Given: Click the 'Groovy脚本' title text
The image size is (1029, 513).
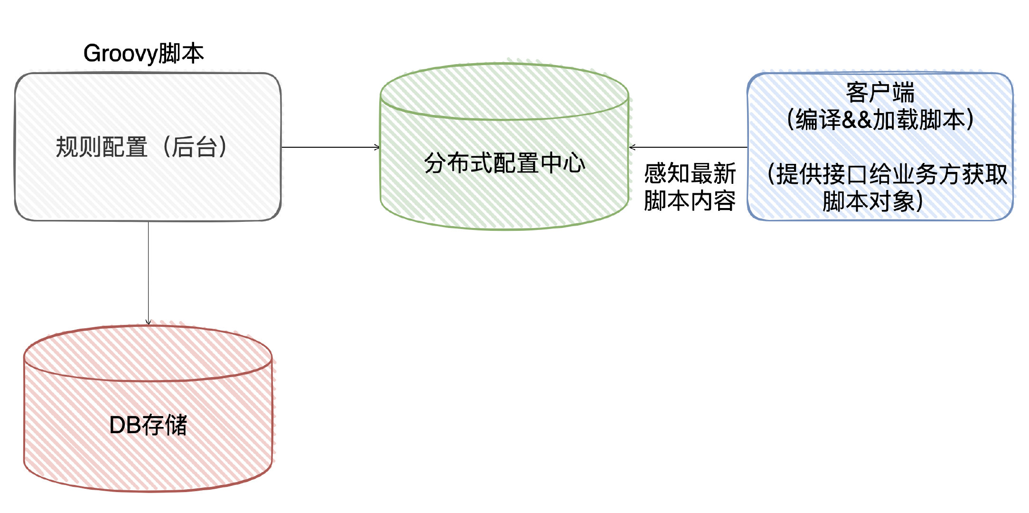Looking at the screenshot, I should [143, 53].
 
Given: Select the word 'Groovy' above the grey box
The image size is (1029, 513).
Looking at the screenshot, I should [120, 53].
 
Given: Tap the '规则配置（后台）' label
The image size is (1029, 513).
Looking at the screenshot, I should [141, 147].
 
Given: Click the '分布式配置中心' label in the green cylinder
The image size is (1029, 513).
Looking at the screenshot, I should [505, 163].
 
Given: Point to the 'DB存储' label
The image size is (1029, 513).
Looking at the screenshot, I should [148, 425].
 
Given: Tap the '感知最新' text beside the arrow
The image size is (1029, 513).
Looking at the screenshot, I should [690, 173].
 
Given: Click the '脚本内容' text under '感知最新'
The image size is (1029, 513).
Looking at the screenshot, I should [690, 200].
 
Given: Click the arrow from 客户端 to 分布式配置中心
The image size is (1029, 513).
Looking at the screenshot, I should [688, 147].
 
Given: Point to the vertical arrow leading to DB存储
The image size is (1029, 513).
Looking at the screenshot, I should [148, 273].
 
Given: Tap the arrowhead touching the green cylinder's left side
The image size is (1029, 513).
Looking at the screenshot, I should [377, 147].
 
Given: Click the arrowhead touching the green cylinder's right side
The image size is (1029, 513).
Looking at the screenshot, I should [633, 147].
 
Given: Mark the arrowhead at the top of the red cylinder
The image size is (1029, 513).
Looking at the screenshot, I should [148, 322].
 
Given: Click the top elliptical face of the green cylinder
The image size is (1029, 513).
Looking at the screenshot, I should [505, 92].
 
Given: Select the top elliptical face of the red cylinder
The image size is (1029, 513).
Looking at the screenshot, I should [148, 354].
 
